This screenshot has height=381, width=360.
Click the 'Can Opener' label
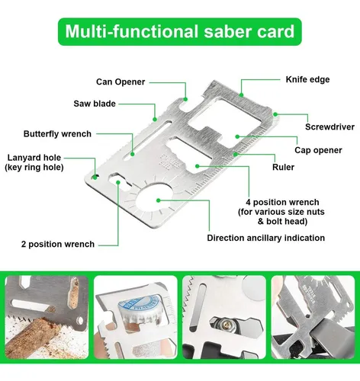pyautogui.click(x=120, y=82)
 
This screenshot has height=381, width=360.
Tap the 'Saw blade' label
pyautogui.click(x=115, y=104)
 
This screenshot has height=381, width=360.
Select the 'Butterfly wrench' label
pyautogui.click(x=68, y=133)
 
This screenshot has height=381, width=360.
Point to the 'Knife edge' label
pyautogui.click(x=307, y=78)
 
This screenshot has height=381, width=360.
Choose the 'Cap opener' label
pyautogui.click(x=318, y=149)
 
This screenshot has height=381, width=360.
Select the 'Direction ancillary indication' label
pyautogui.click(x=266, y=238)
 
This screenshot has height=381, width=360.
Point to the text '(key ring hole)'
pyautogui.click(x=34, y=167)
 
